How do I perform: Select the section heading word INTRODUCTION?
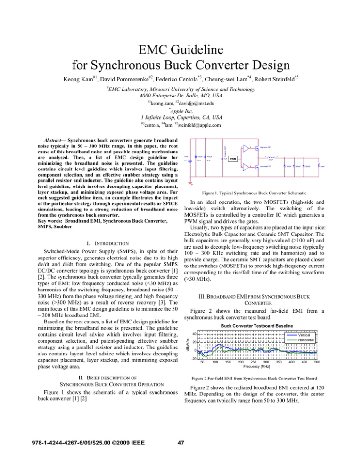tap(104, 244)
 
